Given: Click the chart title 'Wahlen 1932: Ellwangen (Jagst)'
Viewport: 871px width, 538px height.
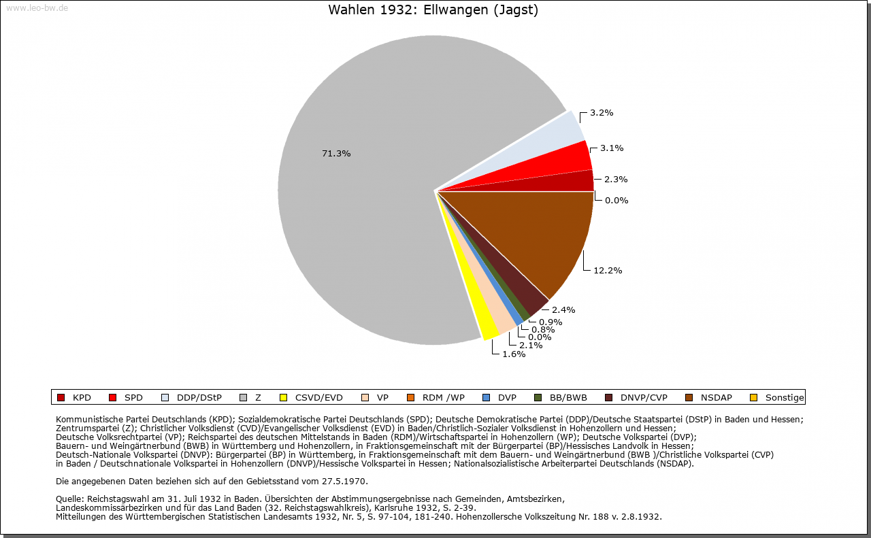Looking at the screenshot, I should click(x=433, y=10).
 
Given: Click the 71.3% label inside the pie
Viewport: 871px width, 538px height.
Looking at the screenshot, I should click(x=336, y=154).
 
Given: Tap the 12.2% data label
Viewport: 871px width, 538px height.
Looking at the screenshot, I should click(x=608, y=270).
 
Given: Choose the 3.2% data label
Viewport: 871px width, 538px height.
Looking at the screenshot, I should click(x=602, y=113).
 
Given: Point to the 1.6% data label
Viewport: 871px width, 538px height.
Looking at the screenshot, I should click(x=514, y=354).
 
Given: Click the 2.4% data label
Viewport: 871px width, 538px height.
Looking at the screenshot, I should click(x=563, y=309).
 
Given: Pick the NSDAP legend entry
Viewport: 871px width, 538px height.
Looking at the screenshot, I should click(x=708, y=397).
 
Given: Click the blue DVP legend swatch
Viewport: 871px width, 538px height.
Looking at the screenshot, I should click(x=486, y=397).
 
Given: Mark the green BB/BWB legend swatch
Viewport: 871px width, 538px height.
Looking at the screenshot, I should click(x=538, y=397).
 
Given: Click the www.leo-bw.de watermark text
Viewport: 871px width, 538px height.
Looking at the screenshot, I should click(x=37, y=8).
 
